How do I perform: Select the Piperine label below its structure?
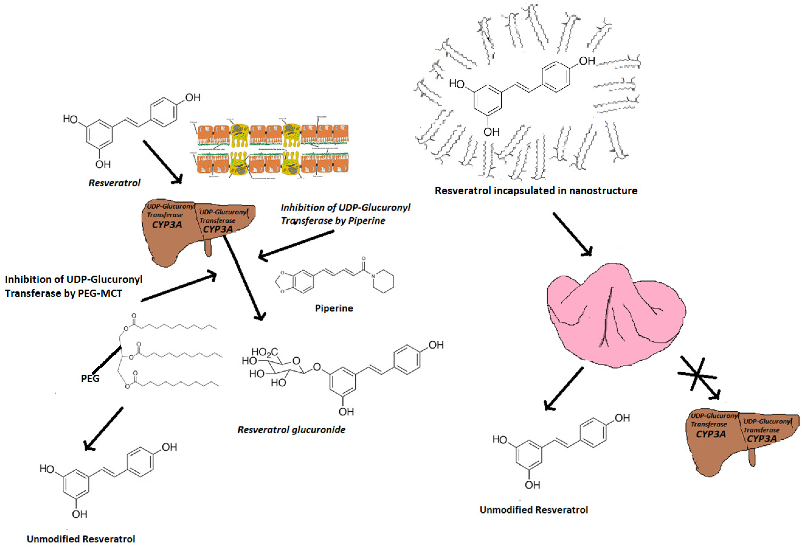pyautogui.click(x=334, y=308)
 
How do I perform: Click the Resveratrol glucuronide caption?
pyautogui.click(x=291, y=430)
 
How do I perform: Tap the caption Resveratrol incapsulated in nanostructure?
pyautogui.click(x=536, y=191)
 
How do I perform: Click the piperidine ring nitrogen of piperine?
pyautogui.click(x=373, y=276)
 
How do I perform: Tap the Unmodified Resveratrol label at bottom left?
pyautogui.click(x=81, y=539)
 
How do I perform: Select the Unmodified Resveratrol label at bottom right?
pyautogui.click(x=534, y=510)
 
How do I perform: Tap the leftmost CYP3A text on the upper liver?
pyautogui.click(x=167, y=225)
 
